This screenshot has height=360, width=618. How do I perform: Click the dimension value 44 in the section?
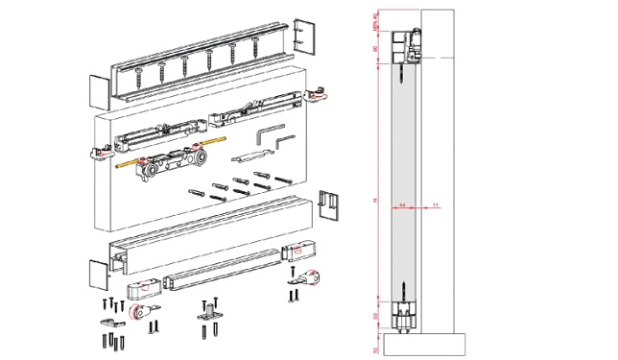click(x=402, y=204)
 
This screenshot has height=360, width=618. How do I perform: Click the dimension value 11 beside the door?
click(x=436, y=204)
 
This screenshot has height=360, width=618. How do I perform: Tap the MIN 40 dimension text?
click(x=376, y=19)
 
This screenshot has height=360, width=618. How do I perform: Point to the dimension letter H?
click(x=376, y=199)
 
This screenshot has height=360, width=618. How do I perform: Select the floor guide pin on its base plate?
click(x=210, y=312)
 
